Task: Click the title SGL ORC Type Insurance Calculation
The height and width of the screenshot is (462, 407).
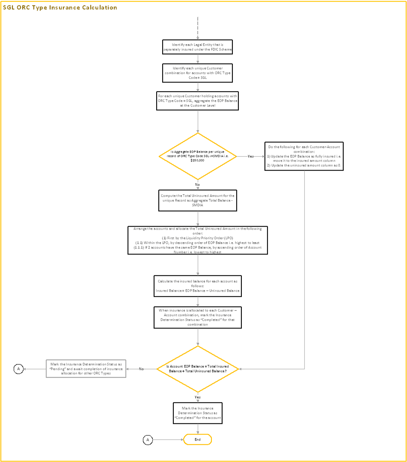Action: tap(60, 8)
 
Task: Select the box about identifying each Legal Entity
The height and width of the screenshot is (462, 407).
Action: tap(198, 47)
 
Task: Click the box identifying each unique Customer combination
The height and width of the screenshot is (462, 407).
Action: tap(198, 73)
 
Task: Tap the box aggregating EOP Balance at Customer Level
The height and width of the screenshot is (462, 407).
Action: tap(198, 101)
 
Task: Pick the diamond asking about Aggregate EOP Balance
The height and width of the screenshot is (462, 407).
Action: tap(198, 156)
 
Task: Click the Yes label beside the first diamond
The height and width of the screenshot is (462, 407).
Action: tap(251, 156)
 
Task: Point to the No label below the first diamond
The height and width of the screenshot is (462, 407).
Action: tap(198, 184)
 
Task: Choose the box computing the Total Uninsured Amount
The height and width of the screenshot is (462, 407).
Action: tap(198, 200)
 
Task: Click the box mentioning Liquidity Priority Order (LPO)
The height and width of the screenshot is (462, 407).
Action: tap(198, 240)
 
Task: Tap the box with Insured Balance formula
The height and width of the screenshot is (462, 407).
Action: tap(198, 286)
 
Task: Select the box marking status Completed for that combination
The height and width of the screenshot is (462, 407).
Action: tap(198, 317)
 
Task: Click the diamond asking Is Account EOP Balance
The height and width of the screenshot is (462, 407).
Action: tap(198, 369)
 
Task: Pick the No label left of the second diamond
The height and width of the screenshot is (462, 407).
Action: tap(141, 369)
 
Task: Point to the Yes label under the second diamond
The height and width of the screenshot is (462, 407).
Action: tap(198, 397)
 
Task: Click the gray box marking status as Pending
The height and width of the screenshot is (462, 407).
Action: tap(86, 369)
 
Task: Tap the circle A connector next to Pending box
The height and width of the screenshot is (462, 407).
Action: tap(18, 369)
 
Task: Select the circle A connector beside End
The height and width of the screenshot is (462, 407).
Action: tap(148, 439)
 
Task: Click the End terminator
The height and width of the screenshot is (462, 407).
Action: tap(198, 439)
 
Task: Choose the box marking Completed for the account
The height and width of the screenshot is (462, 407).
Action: tap(198, 413)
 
